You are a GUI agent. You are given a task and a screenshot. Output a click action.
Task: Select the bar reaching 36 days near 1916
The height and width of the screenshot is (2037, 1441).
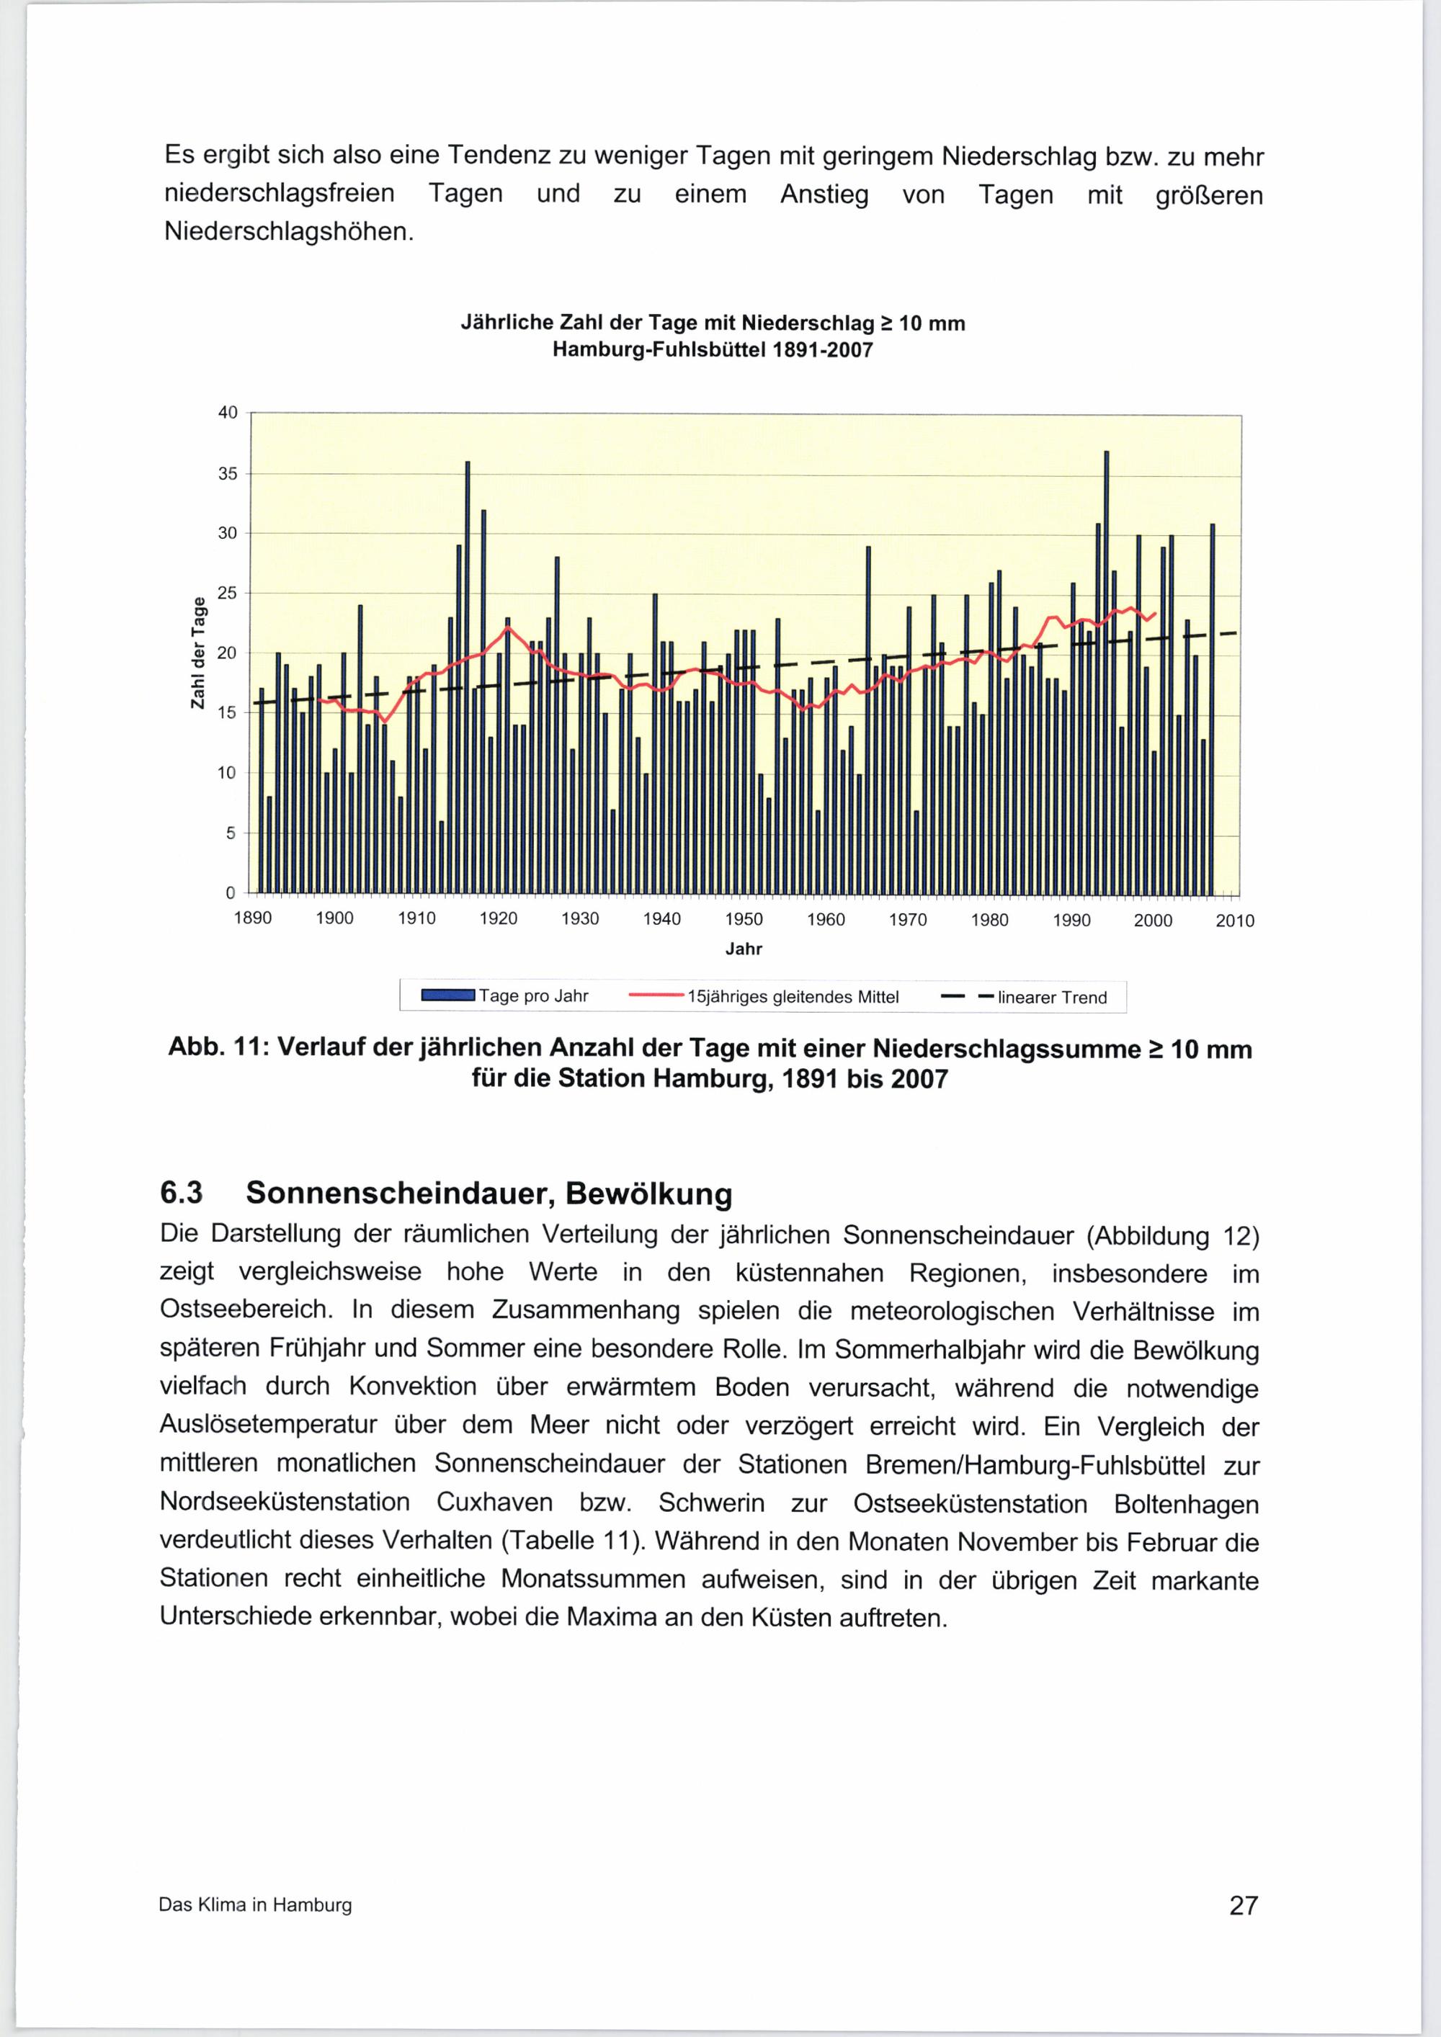(468, 678)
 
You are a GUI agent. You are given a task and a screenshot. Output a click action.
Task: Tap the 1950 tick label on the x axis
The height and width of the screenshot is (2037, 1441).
(744, 920)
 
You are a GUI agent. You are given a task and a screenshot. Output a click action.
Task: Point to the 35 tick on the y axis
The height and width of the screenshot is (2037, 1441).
(228, 474)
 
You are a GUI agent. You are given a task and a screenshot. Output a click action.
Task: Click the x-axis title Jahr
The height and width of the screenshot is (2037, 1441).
(744, 949)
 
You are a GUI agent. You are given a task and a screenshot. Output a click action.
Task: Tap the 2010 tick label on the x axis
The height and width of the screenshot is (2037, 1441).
(1234, 922)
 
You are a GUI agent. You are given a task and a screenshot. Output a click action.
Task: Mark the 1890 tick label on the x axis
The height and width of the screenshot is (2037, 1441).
(252, 918)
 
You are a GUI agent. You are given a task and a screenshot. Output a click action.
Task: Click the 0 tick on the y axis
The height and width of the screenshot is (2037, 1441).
(231, 892)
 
